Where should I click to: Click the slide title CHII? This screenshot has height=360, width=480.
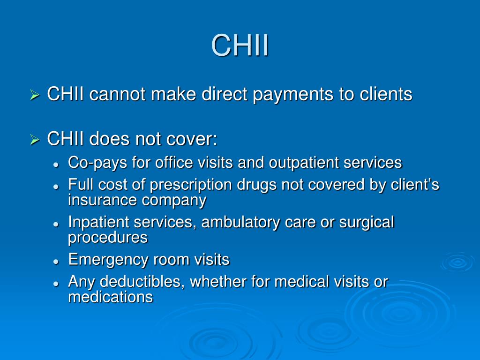240,45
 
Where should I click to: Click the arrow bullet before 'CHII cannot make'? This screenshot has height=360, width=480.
34,96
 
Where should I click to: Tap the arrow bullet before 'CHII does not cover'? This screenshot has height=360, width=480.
34,140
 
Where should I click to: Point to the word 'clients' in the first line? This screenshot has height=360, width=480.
386,94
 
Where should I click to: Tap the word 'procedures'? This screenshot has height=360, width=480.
108,238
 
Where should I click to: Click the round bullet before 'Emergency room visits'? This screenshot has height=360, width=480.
56,260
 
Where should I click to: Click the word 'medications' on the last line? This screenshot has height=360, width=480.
111,297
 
